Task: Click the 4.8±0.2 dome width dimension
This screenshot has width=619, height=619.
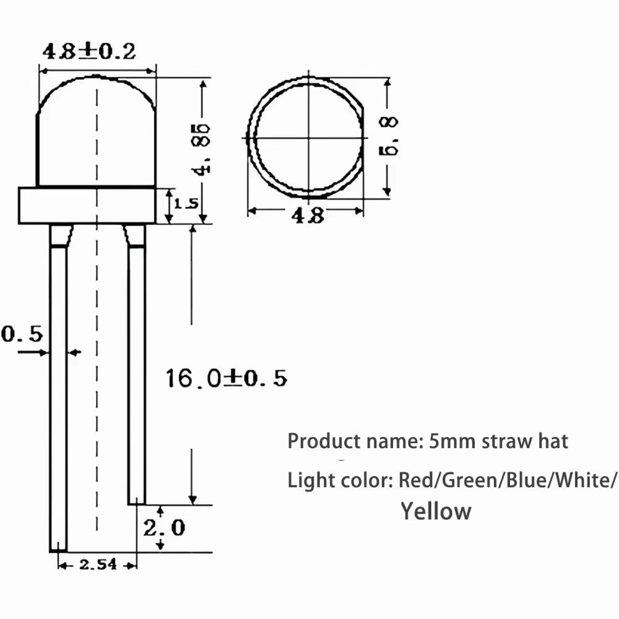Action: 89,51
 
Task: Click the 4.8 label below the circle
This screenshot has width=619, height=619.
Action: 306,215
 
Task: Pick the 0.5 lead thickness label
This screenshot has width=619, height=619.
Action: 22,334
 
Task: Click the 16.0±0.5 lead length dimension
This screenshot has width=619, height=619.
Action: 226,378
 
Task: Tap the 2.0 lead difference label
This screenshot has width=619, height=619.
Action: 164,527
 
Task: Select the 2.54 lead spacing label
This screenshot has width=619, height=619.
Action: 97,565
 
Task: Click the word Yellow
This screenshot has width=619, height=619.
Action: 436,511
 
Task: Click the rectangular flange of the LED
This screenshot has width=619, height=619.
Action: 86,205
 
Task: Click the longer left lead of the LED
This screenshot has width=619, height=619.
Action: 58,396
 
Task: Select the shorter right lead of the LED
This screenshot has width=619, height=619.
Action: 137,371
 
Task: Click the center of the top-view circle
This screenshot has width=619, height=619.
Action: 307,137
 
